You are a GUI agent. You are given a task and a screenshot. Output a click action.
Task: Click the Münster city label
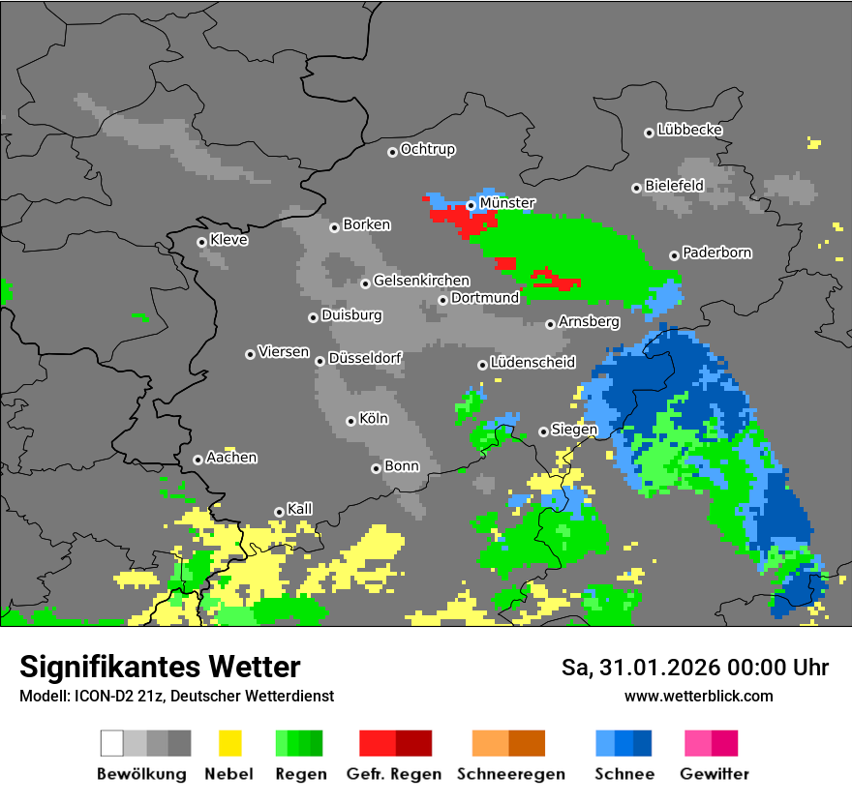507,203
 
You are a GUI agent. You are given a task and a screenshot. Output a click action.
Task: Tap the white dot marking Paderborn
674,255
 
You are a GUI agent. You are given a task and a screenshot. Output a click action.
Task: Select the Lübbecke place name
689,130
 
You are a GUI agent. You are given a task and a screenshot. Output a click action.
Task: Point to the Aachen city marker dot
198,460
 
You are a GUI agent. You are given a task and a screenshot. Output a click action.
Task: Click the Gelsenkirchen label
421,282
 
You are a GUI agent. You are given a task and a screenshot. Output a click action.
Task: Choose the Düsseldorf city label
365,358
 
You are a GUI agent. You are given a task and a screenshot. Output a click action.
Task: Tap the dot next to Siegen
543,431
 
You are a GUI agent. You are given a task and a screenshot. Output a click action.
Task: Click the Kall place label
300,509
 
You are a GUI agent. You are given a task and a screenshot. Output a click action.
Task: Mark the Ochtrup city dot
392,151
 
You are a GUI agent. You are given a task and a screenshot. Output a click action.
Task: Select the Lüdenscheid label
532,363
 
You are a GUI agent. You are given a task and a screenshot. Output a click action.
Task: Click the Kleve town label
228,240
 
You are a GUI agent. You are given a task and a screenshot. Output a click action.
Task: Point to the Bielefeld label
674,185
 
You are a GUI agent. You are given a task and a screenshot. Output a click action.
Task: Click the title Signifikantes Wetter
160,667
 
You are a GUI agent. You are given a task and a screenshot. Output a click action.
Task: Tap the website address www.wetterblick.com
698,696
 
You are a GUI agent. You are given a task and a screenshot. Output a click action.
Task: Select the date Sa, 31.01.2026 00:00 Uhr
694,668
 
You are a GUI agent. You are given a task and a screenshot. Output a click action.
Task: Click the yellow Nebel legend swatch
229,743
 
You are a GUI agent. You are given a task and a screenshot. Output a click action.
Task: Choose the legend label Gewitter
714,774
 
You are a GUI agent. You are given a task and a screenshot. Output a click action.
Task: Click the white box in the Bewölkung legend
111,743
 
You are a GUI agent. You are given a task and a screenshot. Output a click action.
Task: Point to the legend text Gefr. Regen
394,774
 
